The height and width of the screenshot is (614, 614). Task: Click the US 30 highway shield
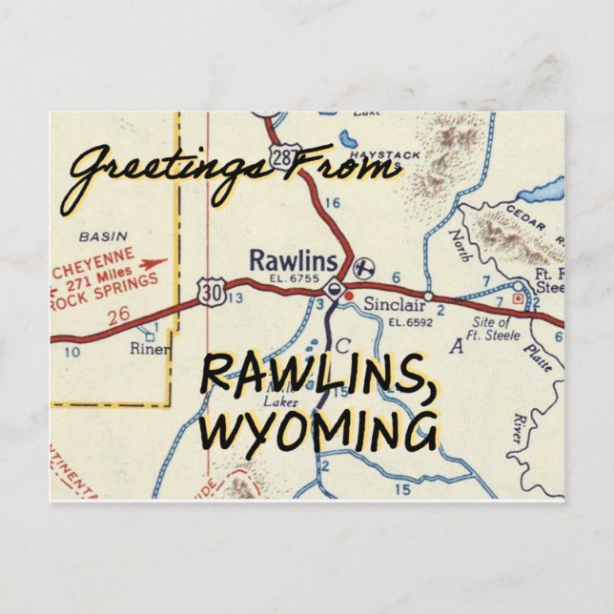(x=215, y=294)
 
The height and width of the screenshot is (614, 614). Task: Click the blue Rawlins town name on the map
(x=293, y=260)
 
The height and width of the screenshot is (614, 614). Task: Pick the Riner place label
(x=151, y=349)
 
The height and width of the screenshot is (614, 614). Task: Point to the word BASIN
(x=103, y=235)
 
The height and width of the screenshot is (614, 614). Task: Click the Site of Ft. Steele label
(x=496, y=329)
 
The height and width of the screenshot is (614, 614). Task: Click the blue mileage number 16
(x=332, y=202)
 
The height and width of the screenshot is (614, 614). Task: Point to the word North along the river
(x=460, y=250)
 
